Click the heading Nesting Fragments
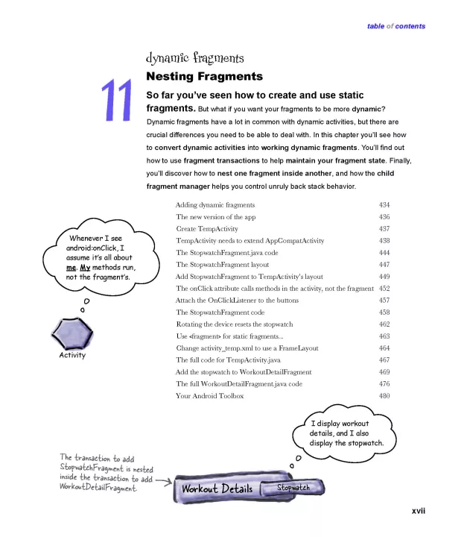coord(204,76)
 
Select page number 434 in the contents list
coord(384,204)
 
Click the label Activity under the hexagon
coord(72,355)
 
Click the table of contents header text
coord(396,26)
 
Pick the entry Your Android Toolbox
coord(209,395)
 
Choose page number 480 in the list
coord(384,395)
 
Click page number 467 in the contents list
coord(384,359)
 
